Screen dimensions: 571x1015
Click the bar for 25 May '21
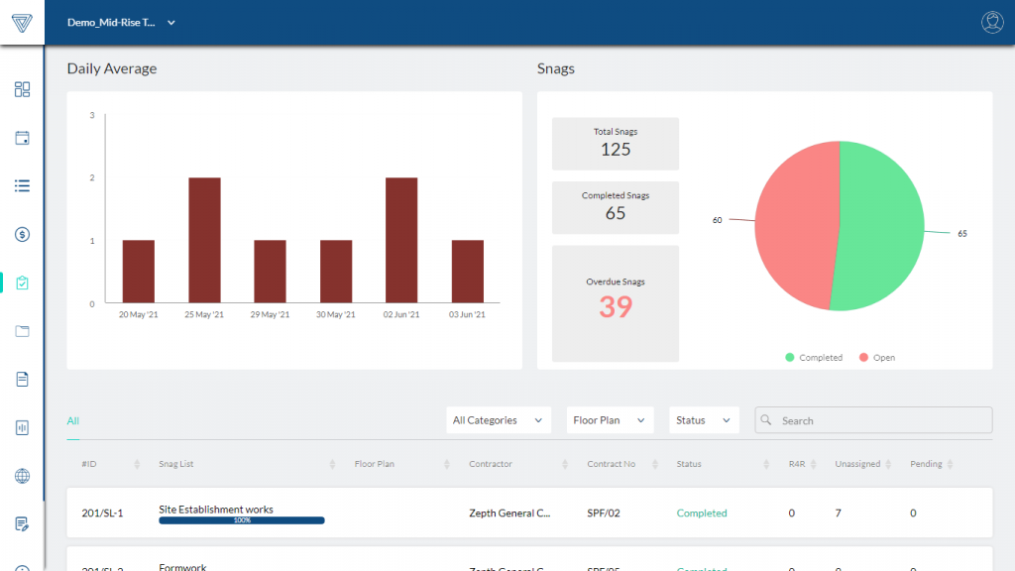pyautogui.click(x=204, y=240)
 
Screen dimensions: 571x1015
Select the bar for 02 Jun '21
pyautogui.click(x=400, y=240)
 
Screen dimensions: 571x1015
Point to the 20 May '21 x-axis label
pyautogui.click(x=138, y=314)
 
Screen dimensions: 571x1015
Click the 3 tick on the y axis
pyautogui.click(x=92, y=116)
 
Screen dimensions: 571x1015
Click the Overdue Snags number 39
pyautogui.click(x=615, y=307)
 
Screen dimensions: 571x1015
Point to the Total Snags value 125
pyautogui.click(x=615, y=150)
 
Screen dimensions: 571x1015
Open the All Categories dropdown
pyautogui.click(x=498, y=420)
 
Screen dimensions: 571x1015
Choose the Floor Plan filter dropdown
pyautogui.click(x=610, y=420)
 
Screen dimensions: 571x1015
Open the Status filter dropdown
pyautogui.click(x=704, y=420)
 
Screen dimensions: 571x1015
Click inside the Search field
pyautogui.click(x=882, y=420)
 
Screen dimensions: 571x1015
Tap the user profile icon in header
pyautogui.click(x=991, y=23)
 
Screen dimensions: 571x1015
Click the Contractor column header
pyautogui.click(x=491, y=464)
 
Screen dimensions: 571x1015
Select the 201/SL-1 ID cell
pyautogui.click(x=102, y=514)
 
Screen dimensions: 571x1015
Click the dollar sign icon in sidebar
pyautogui.click(x=22, y=234)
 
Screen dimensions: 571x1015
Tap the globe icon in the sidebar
pyautogui.click(x=22, y=476)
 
